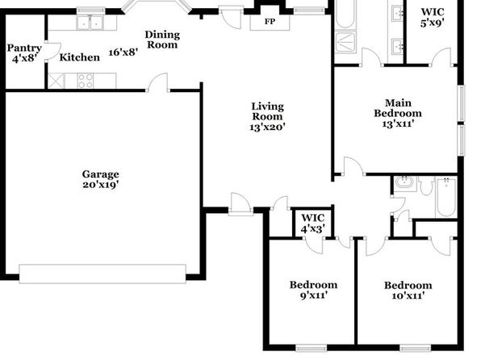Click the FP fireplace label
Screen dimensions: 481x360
pyautogui.click(x=270, y=22)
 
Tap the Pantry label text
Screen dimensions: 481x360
pyautogui.click(x=24, y=48)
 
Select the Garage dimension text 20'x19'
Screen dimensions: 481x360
pyautogui.click(x=101, y=185)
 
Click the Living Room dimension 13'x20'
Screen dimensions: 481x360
pyautogui.click(x=267, y=127)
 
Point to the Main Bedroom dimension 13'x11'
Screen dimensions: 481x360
pyautogui.click(x=398, y=123)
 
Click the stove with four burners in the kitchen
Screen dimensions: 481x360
pyautogui.click(x=86, y=81)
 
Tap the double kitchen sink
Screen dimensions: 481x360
pyautogui.click(x=90, y=23)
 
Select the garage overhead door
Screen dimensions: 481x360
pyautogui.click(x=102, y=274)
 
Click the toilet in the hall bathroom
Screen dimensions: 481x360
pyautogui.click(x=426, y=186)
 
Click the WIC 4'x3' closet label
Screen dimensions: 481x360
pyautogui.click(x=312, y=223)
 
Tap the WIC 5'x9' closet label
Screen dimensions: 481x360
pyautogui.click(x=433, y=17)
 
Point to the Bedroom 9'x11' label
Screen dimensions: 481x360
pyautogui.click(x=313, y=290)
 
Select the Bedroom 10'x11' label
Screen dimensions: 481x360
pyautogui.click(x=408, y=291)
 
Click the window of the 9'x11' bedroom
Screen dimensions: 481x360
pyautogui.click(x=311, y=348)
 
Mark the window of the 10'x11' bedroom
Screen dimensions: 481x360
pyautogui.click(x=416, y=348)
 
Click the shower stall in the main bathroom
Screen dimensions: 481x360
pyautogui.click(x=345, y=42)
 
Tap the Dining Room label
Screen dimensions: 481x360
pyautogui.click(x=162, y=40)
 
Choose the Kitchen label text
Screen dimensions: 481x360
pyautogui.click(x=79, y=57)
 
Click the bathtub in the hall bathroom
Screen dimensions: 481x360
pyautogui.click(x=446, y=197)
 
